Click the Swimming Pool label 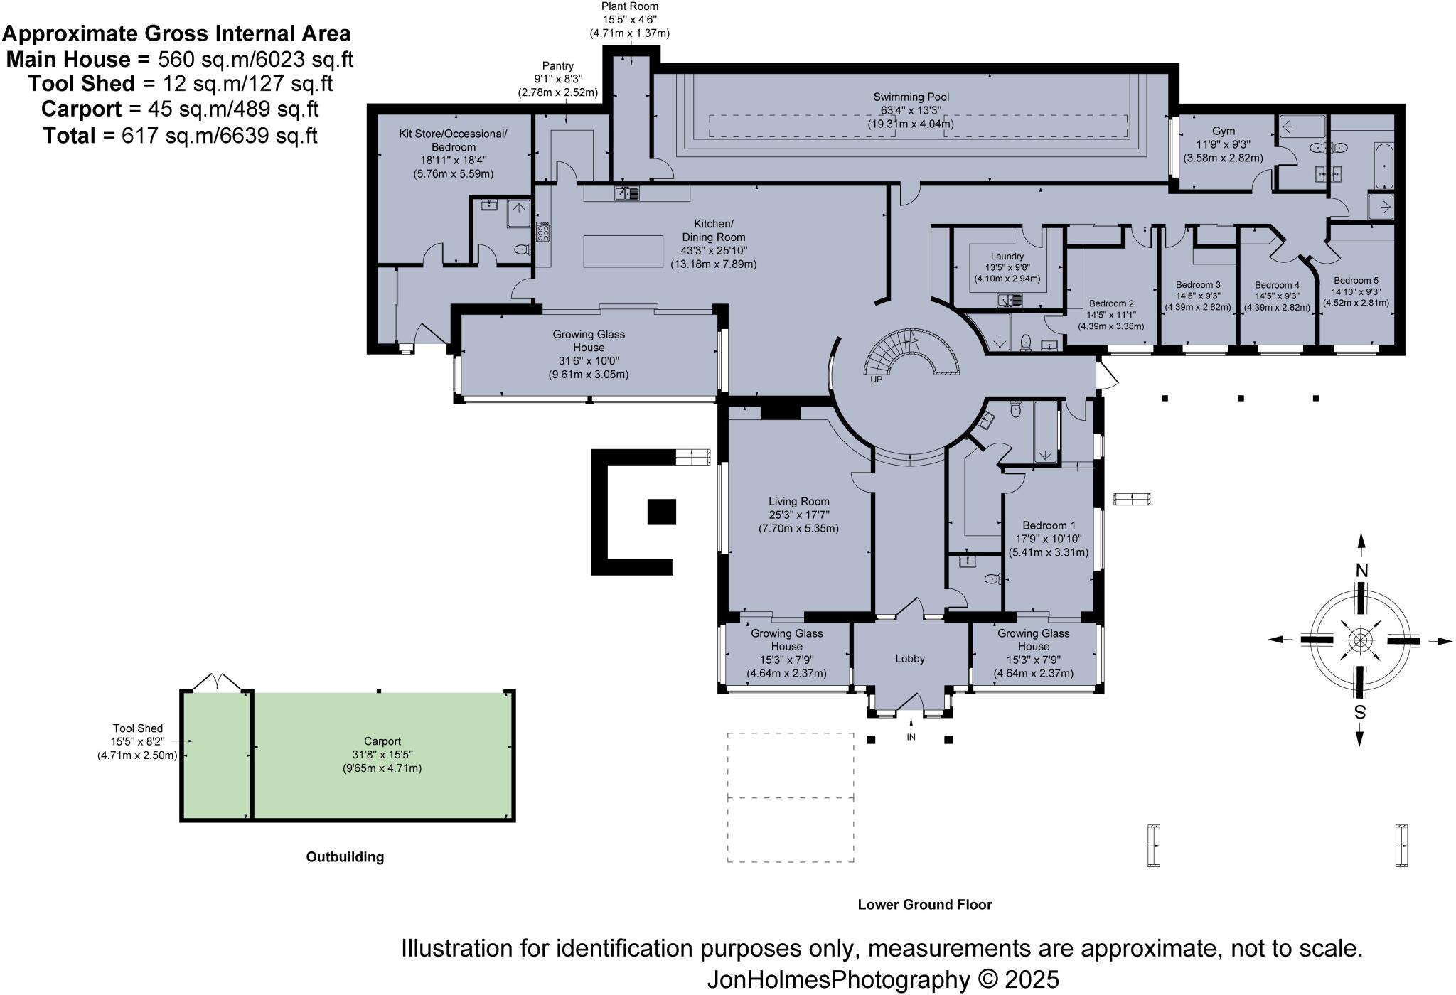(911, 97)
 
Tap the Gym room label (1223, 131)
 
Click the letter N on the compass (1361, 570)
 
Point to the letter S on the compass (1359, 712)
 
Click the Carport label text (382, 741)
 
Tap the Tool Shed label (137, 728)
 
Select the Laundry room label (1007, 257)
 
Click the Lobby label (909, 659)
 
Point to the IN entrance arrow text (911, 737)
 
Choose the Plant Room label (629, 6)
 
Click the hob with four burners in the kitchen (543, 232)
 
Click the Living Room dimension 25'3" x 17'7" (798, 515)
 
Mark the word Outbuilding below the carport (345, 857)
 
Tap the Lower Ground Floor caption (924, 905)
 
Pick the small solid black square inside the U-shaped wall (661, 512)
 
